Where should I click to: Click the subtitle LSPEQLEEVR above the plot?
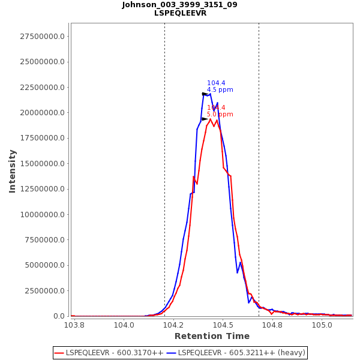[180, 13]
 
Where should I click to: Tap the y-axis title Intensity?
[12, 171]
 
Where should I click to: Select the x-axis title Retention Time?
[212, 336]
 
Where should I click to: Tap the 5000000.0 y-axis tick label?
[46, 265]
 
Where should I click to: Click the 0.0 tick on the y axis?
[59, 316]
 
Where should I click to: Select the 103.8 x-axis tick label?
[74, 325]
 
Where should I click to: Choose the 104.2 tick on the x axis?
[174, 325]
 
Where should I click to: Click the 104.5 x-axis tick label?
[223, 325]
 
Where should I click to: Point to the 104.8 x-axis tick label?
[273, 325]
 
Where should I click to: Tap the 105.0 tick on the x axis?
[322, 325]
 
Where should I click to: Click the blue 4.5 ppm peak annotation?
[220, 90]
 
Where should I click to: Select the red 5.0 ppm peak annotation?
[220, 115]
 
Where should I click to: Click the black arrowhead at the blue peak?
[205, 94]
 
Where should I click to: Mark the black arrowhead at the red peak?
[205, 119]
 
